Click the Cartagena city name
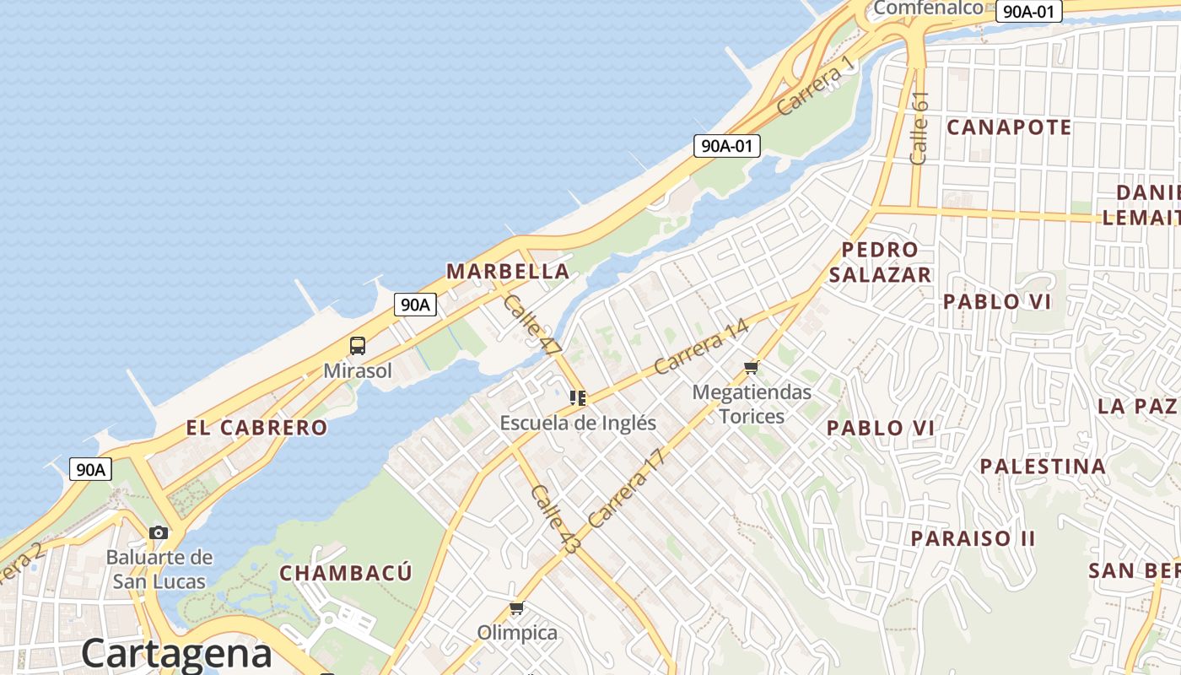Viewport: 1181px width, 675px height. tap(176, 653)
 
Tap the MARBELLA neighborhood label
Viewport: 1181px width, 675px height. tap(508, 272)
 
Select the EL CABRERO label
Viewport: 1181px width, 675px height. tap(256, 428)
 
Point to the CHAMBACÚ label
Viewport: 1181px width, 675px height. tap(346, 574)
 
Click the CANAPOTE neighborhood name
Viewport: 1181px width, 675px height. tap(1009, 127)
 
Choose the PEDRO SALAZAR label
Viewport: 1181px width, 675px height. tap(880, 262)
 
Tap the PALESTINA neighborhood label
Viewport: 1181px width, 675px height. tap(1043, 467)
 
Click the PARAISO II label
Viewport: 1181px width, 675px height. tap(973, 538)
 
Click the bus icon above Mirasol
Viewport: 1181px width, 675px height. tap(358, 345)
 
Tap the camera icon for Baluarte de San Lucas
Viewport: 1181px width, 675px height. tap(159, 532)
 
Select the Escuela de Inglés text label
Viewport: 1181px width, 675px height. tap(578, 423)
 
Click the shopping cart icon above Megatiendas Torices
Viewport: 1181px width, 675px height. tap(752, 367)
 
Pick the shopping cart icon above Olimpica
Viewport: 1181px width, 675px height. tap(517, 608)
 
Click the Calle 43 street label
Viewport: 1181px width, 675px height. tap(555, 518)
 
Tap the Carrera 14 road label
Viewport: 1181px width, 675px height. tap(701, 347)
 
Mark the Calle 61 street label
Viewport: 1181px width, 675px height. tap(919, 127)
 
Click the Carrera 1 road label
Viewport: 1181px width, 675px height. tap(816, 88)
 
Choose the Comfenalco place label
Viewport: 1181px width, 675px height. tap(928, 8)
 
